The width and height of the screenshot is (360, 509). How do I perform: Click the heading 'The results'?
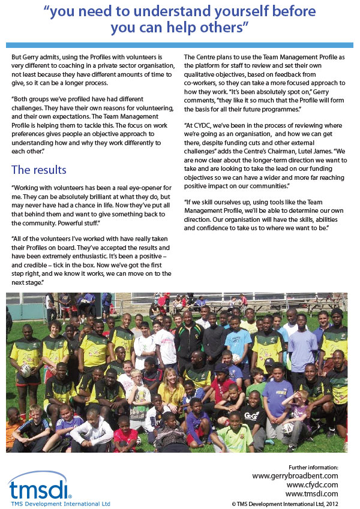click(39, 170)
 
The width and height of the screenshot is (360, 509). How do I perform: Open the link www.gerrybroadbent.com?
click(295, 475)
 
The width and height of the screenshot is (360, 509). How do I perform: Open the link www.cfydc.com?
click(312, 484)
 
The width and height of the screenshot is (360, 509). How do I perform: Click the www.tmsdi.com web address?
click(312, 493)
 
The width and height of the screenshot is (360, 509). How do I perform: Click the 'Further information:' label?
click(313, 467)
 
